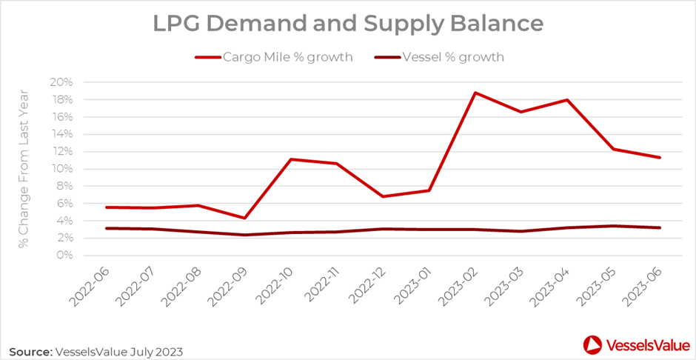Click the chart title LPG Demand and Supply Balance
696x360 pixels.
pos(348,24)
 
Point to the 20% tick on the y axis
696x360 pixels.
pos(61,82)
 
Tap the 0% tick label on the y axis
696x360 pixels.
pos(64,256)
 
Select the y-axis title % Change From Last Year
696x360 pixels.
pos(24,168)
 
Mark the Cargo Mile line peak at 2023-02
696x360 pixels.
pos(475,93)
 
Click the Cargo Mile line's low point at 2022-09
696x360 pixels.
pos(244,218)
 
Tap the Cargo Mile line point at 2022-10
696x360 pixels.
pos(290,159)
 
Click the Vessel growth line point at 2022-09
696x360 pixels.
pos(244,235)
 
